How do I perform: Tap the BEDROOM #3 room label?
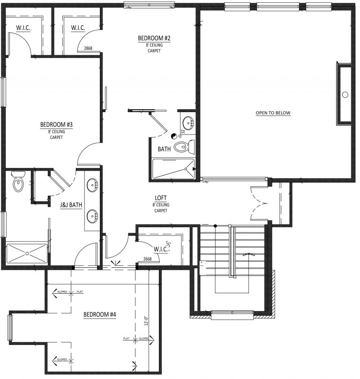[56, 125]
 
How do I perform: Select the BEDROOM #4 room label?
[99, 315]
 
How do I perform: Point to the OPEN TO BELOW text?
[273, 113]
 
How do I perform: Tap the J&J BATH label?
[68, 204]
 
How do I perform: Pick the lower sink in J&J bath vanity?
[92, 216]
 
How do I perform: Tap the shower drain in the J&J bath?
[27, 253]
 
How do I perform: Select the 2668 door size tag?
[147, 259]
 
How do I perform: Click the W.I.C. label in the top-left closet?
[23, 29]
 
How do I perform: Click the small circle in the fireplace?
[345, 95]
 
